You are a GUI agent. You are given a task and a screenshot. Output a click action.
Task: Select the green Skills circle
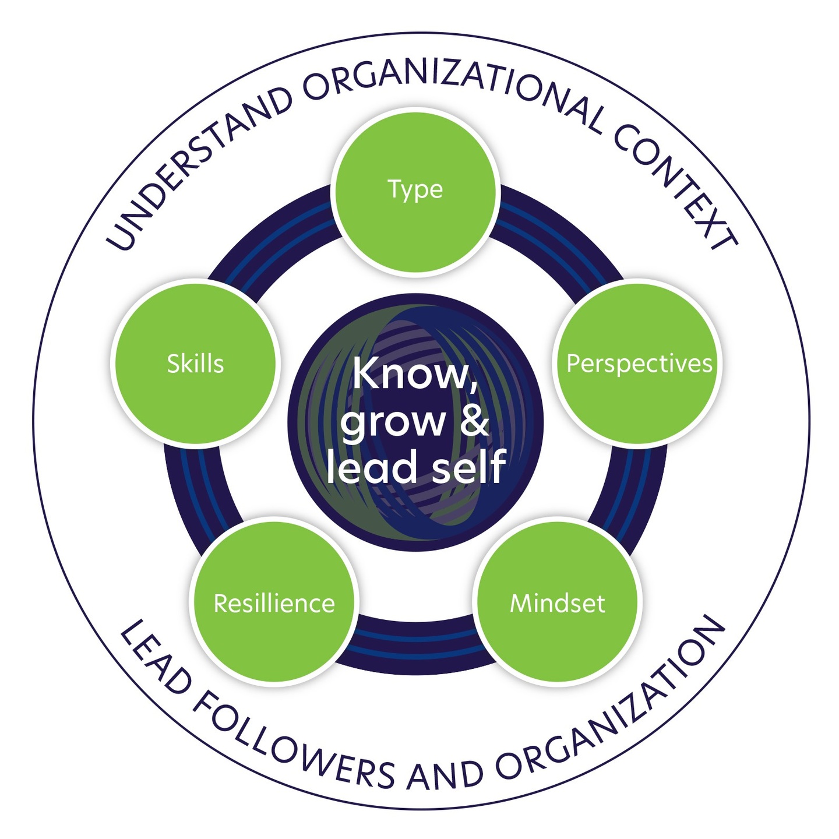[195, 364]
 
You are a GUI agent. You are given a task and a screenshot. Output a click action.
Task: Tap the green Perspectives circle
[639, 364]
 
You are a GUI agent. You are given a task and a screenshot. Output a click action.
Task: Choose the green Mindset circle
[558, 603]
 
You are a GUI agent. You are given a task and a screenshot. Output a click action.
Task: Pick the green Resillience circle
[274, 603]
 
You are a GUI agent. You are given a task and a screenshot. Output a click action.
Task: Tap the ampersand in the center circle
[474, 421]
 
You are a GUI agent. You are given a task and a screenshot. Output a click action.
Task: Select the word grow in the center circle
[393, 422]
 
